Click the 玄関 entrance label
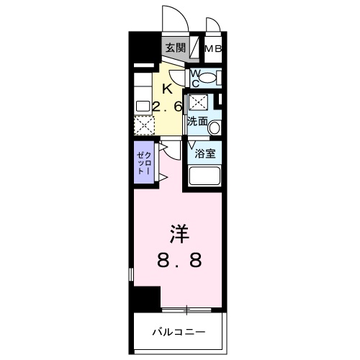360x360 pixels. (x=175, y=48)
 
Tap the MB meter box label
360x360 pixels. (x=213, y=49)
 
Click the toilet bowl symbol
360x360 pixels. (x=208, y=78)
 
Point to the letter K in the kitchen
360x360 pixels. (x=167, y=89)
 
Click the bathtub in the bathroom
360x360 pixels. (x=204, y=175)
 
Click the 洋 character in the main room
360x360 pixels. (x=179, y=234)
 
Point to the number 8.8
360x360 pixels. (x=179, y=260)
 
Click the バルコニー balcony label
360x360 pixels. (x=179, y=332)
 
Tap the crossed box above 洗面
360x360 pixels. (x=198, y=103)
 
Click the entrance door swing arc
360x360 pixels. (x=175, y=16)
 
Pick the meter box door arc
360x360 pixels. (x=212, y=24)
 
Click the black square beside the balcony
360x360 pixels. (x=148, y=297)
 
